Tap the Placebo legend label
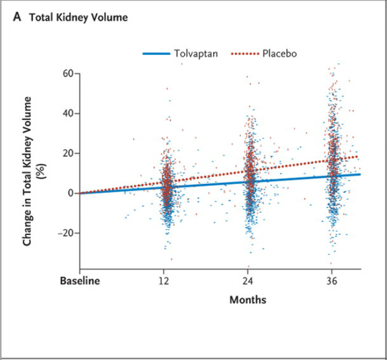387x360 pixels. pos(279,53)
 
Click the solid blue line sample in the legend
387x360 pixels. pos(156,54)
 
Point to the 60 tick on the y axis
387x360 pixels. pos(68,74)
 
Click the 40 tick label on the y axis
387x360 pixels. pos(68,113)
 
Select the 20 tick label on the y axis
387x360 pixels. pos(68,153)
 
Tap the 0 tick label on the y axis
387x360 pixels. pos(71,193)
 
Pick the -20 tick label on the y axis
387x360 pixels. pos(66,233)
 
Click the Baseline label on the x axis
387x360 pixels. pos(80,281)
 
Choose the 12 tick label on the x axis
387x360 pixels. pos(164,281)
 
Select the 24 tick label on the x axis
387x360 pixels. pos(248,281)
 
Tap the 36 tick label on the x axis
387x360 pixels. pos(332,281)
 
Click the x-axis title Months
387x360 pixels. pos(248,300)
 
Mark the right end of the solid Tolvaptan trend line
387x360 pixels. pos(360,174)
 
